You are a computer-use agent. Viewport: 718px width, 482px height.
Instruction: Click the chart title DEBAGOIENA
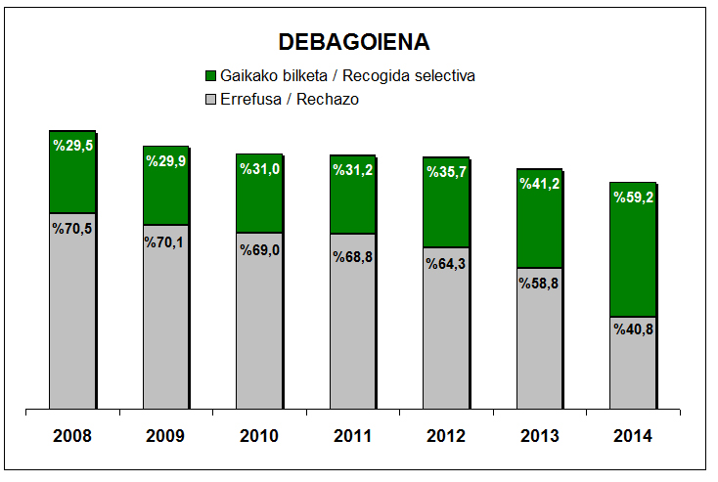[x=354, y=42]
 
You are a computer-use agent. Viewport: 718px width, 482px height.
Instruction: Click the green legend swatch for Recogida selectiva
[x=210, y=76]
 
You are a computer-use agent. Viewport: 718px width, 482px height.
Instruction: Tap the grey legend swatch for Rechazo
[x=210, y=100]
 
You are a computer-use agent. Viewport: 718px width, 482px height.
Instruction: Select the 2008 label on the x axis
[x=73, y=435]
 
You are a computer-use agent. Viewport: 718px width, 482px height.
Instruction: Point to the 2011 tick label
[x=353, y=435]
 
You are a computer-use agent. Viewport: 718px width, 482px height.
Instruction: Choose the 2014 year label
[x=632, y=435]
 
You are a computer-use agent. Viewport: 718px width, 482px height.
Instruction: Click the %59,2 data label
[x=633, y=197]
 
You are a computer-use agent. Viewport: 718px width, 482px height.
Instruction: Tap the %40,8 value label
[x=633, y=329]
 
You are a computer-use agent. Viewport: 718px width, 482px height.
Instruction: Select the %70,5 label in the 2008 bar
[x=73, y=229]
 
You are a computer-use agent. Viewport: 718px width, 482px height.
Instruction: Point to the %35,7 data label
[x=446, y=172]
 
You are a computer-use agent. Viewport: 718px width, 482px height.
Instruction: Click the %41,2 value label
[x=540, y=184]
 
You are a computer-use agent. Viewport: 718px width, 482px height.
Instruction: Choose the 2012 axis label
[x=446, y=435]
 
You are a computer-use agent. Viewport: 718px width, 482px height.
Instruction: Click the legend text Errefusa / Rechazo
[x=283, y=100]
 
